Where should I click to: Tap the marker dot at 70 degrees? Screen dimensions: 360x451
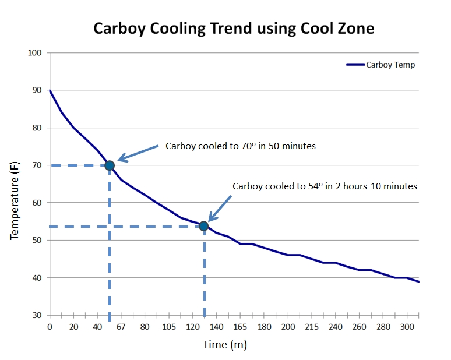click(110, 165)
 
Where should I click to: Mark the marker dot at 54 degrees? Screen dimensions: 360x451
click(203, 226)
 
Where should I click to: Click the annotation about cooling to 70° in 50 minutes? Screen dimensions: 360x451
click(241, 146)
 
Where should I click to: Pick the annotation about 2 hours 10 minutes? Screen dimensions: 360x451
click(325, 186)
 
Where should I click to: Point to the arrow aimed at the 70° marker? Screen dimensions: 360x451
click(138, 152)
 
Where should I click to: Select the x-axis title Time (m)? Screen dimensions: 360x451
click(225, 345)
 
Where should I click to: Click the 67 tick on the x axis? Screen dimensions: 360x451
click(121, 327)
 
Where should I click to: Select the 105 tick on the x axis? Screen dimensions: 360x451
click(168, 327)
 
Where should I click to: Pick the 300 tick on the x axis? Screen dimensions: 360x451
click(406, 327)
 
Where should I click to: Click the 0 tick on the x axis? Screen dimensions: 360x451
click(50, 327)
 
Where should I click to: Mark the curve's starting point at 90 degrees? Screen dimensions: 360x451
click(50, 90)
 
